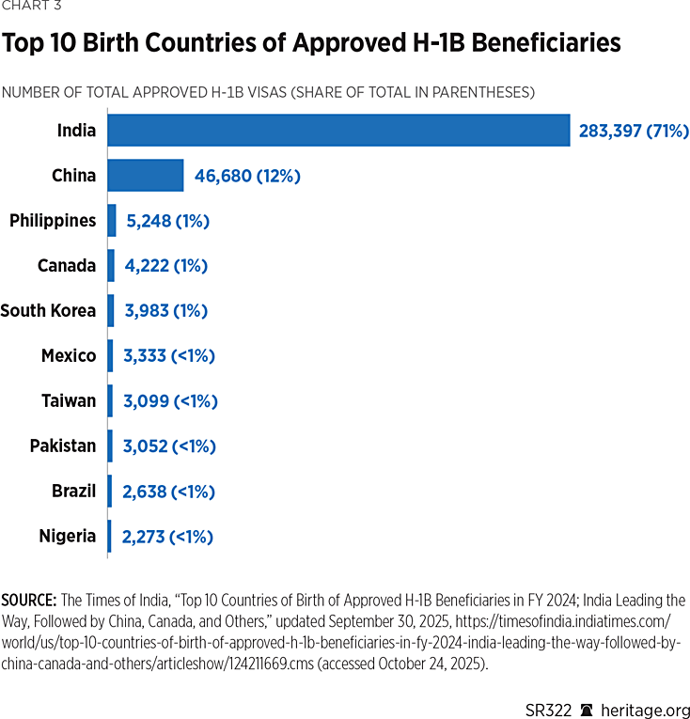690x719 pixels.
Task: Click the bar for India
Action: pyautogui.click(x=338, y=131)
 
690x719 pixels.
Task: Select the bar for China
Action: pyautogui.click(x=145, y=176)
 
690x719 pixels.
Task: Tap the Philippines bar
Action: pyautogui.click(x=112, y=221)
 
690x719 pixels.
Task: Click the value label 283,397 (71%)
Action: pyautogui.click(x=634, y=131)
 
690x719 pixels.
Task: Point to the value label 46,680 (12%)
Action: pyautogui.click(x=247, y=176)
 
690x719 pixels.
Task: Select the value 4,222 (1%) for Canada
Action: pyautogui.click(x=165, y=266)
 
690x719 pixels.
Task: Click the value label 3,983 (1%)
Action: pyautogui.click(x=165, y=311)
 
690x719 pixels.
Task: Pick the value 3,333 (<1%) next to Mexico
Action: pyautogui.click(x=169, y=356)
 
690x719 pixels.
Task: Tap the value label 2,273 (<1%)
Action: pyautogui.click(x=167, y=537)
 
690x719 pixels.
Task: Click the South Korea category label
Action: pyautogui.click(x=48, y=311)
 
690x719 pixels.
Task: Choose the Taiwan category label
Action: pyautogui.click(x=69, y=401)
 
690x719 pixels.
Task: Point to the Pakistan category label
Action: pyautogui.click(x=63, y=446)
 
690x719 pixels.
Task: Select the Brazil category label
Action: pyautogui.click(x=73, y=492)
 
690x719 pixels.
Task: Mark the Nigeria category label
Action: pyautogui.click(x=68, y=537)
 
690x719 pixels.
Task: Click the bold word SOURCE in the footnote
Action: pyautogui.click(x=29, y=600)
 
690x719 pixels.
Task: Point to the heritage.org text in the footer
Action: pyautogui.click(x=644, y=710)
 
